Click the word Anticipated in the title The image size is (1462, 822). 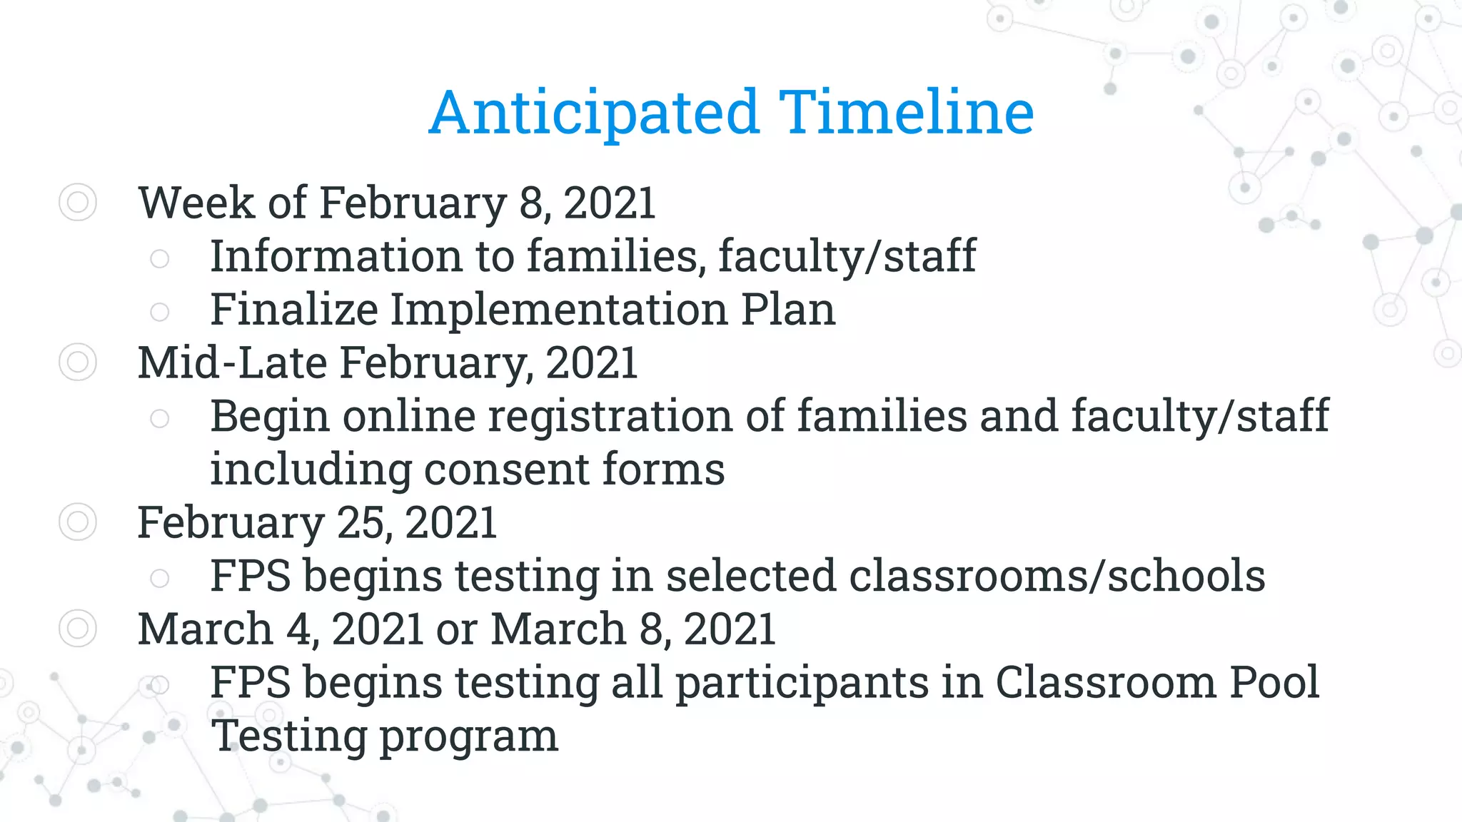point(594,113)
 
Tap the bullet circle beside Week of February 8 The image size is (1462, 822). point(77,203)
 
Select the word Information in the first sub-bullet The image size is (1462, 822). point(336,256)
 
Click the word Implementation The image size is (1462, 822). point(558,310)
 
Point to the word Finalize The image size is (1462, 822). point(293,310)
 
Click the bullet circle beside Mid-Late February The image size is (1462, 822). point(77,362)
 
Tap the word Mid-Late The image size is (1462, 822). point(232,362)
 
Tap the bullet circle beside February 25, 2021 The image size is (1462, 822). point(77,522)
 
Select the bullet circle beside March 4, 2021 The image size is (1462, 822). point(77,629)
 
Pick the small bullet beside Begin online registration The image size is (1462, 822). point(160,419)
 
